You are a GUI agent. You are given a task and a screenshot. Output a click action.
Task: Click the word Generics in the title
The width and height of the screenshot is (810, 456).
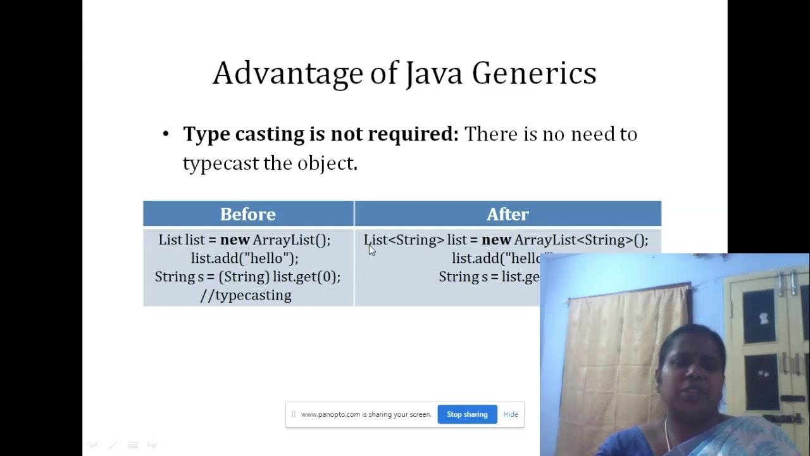click(x=533, y=73)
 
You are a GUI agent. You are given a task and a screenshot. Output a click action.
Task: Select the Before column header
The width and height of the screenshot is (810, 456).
click(x=247, y=214)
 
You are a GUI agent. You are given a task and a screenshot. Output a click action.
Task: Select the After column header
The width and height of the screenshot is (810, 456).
click(x=508, y=214)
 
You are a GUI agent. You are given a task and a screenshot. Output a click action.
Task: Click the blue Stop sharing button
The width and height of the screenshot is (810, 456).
click(x=467, y=414)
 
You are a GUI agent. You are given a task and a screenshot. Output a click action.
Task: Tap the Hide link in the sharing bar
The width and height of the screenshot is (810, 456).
click(x=511, y=414)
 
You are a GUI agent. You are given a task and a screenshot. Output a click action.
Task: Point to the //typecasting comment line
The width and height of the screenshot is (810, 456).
click(x=246, y=295)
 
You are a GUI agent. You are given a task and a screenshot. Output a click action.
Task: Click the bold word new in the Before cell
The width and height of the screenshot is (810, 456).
click(x=235, y=240)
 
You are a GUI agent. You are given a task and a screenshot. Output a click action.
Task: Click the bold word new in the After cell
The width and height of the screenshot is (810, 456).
click(x=496, y=240)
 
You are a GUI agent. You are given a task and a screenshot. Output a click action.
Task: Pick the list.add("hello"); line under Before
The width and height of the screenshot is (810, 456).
click(x=245, y=258)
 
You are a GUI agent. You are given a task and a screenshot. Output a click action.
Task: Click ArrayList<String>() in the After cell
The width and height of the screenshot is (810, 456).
click(x=581, y=240)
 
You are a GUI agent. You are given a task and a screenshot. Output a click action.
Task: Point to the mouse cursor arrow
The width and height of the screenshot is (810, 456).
click(x=371, y=250)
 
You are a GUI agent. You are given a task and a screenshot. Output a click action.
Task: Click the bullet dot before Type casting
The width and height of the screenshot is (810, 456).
click(x=166, y=134)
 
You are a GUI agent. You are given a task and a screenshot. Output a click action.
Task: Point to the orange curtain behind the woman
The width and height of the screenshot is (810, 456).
click(x=626, y=342)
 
